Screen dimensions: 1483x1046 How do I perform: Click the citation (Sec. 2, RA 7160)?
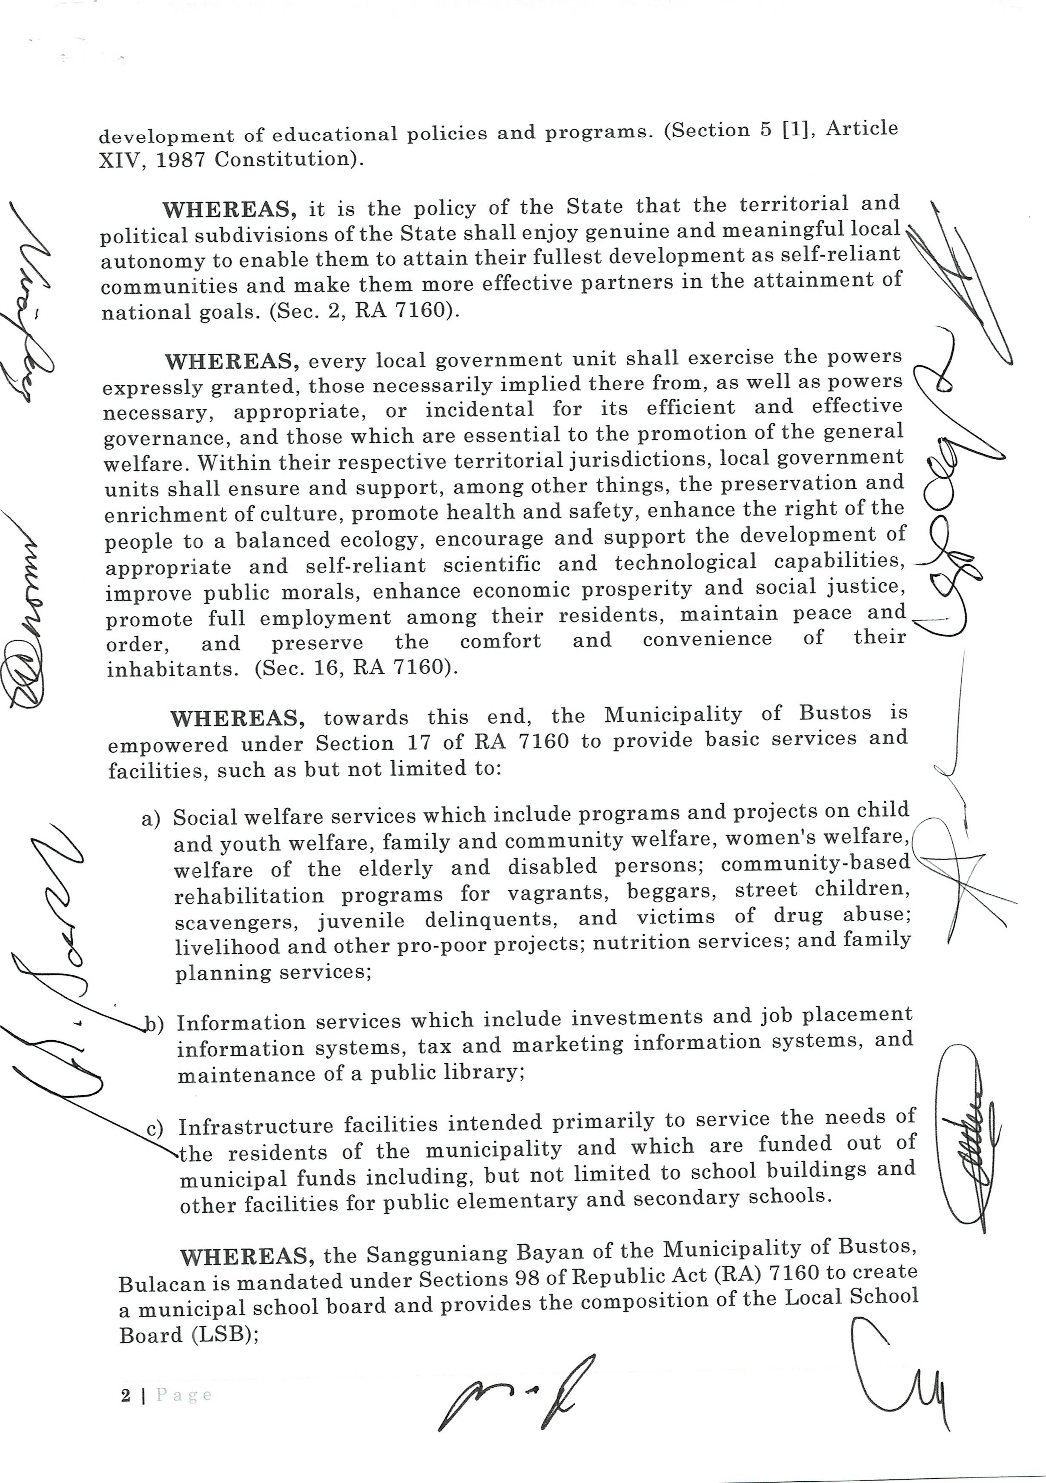pos(364,311)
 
